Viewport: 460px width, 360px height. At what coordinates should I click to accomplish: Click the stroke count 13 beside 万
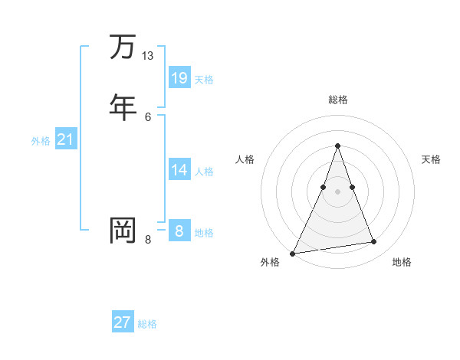[x=148, y=56]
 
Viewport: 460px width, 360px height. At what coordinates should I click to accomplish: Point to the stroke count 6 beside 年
[x=148, y=116]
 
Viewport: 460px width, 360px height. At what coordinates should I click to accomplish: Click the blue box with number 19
[x=179, y=77]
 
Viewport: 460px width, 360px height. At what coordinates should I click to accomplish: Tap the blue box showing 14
[x=179, y=169]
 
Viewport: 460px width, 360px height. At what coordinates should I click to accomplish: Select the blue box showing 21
[x=65, y=139]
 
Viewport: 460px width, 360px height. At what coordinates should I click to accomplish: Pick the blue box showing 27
[x=123, y=322]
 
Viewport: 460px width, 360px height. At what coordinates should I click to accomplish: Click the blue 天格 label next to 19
[x=204, y=80]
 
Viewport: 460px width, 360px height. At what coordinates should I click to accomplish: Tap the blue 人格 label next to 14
[x=204, y=172]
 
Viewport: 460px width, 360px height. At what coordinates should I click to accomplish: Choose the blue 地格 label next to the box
[x=204, y=233]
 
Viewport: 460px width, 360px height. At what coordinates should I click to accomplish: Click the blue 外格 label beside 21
[x=41, y=142]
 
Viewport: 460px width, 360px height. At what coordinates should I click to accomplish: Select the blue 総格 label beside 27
[x=147, y=325]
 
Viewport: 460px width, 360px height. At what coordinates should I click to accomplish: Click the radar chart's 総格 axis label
[x=337, y=100]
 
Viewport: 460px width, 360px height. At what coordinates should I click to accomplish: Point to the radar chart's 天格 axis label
[x=431, y=159]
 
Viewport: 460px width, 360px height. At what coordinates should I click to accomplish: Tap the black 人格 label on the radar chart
[x=245, y=159]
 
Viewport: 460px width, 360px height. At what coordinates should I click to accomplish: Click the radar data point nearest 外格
[x=293, y=253]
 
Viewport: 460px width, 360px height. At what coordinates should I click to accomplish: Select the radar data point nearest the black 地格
[x=374, y=242]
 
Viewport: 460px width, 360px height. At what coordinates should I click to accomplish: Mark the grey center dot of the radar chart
[x=337, y=191]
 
